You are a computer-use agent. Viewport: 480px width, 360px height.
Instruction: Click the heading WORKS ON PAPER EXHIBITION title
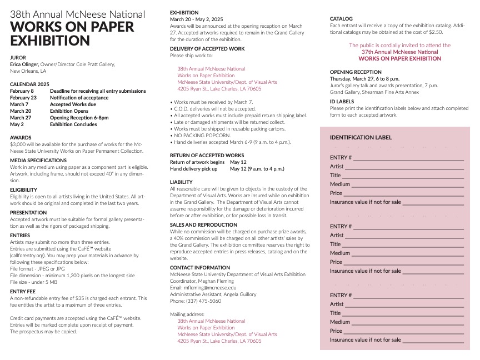click(72, 34)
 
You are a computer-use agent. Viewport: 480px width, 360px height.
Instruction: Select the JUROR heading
click(18, 57)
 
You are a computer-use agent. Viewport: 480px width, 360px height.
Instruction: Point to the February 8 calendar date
click(22, 91)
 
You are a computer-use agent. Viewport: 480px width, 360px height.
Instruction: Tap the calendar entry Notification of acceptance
click(79, 97)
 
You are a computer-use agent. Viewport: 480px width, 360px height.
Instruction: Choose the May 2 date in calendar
click(17, 124)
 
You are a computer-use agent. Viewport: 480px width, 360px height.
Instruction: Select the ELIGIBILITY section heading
click(23, 190)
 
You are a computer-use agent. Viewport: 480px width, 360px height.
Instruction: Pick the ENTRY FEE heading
click(23, 291)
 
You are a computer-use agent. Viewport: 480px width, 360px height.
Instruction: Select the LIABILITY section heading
click(181, 182)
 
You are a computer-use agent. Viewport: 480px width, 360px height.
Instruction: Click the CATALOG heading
click(341, 19)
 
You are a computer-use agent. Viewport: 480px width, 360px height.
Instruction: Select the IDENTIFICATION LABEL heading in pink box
click(361, 138)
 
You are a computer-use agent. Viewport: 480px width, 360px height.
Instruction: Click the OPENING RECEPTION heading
click(356, 72)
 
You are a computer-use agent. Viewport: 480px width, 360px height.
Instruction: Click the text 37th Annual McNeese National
click(399, 52)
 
